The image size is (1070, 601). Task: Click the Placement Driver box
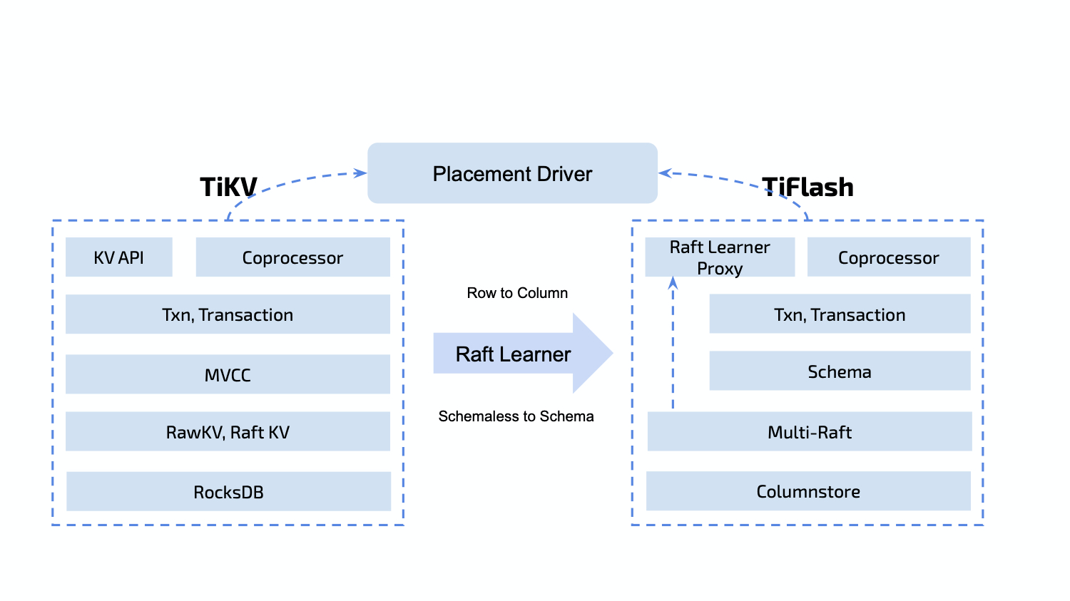(512, 173)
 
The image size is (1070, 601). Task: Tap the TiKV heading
(228, 187)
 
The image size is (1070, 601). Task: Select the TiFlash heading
(807, 187)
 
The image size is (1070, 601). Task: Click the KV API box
(119, 257)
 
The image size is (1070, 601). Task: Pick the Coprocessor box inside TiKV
(292, 257)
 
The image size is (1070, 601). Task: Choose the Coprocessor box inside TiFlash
(889, 257)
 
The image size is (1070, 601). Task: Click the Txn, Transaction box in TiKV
(228, 314)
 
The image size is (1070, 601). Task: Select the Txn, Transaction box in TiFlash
(840, 314)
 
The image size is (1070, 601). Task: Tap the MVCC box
(228, 374)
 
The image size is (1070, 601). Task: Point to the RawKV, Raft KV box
(228, 432)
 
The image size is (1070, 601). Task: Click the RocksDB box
(228, 492)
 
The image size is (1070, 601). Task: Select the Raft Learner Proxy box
(720, 257)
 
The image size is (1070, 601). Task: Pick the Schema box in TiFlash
(840, 371)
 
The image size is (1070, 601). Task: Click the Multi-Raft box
(810, 432)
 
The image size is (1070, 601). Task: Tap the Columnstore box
(808, 491)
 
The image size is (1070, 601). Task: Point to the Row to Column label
(517, 293)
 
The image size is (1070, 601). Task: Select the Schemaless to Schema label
(516, 416)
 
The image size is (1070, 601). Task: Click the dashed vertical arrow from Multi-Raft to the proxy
(673, 342)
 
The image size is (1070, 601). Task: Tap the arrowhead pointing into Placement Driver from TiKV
(361, 173)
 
